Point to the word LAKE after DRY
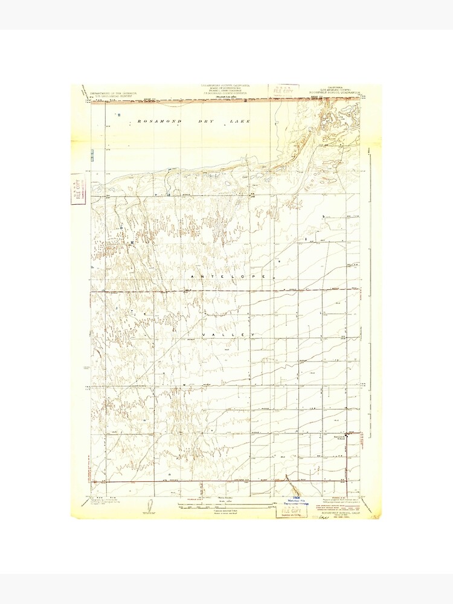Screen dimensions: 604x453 pyautogui.click(x=240, y=121)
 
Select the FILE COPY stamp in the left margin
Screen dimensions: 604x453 pyautogui.click(x=77, y=190)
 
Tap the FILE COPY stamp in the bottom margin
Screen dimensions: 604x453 pyautogui.click(x=291, y=511)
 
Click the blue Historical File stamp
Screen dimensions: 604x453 pyautogui.click(x=295, y=501)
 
